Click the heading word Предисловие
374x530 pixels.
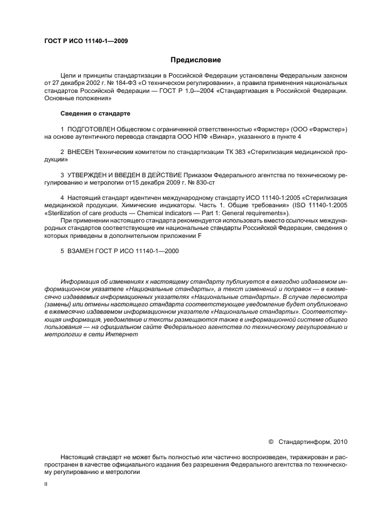(x=195, y=59)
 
